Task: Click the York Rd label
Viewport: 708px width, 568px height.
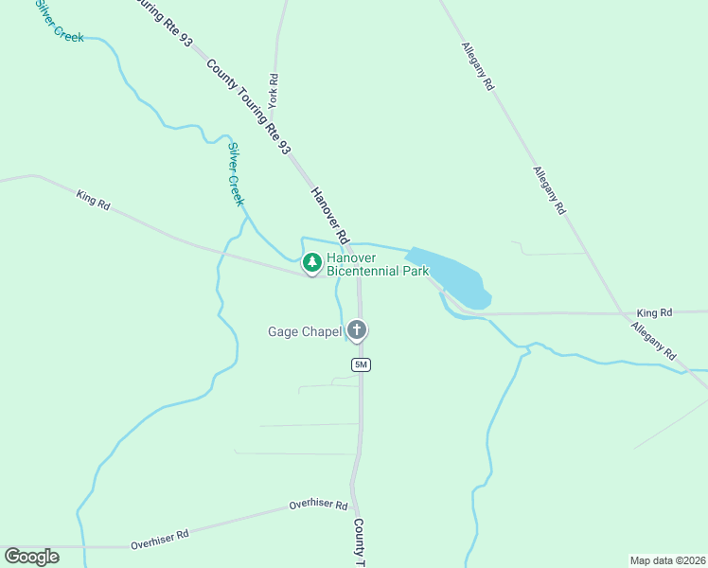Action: [273, 90]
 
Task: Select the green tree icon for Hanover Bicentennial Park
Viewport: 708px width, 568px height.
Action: [311, 261]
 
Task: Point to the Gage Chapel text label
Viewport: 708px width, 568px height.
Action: [304, 331]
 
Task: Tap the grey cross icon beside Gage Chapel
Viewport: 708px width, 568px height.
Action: [357, 330]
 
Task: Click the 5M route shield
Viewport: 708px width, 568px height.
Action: [360, 365]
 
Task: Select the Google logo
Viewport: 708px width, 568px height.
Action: [31, 557]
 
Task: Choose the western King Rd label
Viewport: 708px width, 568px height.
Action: [93, 200]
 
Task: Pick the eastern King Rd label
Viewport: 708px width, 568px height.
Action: [654, 312]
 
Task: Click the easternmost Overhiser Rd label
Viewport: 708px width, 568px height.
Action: [318, 504]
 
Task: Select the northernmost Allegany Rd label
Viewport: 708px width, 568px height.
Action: [478, 65]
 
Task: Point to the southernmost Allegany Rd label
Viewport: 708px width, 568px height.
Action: [654, 341]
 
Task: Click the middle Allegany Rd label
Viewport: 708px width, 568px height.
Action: [548, 189]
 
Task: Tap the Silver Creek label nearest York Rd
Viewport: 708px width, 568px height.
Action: [236, 174]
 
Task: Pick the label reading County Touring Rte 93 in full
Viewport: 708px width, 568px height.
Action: [248, 106]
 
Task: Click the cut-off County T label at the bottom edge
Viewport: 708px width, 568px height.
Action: [359, 542]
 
